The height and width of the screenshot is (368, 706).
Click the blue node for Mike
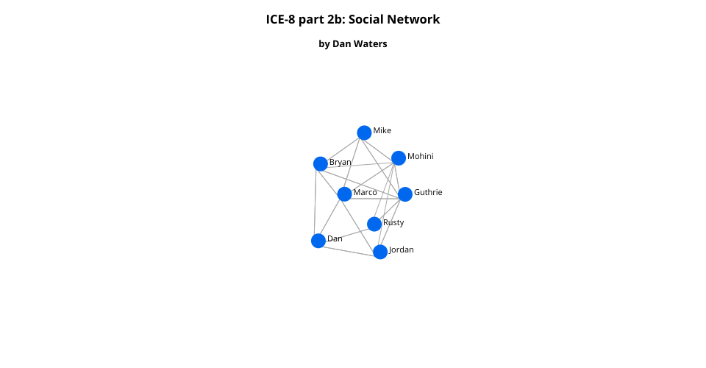point(364,133)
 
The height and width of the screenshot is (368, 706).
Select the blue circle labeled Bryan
point(321,164)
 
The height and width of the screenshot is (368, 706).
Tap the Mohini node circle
point(399,158)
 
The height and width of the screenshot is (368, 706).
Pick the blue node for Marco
point(344,194)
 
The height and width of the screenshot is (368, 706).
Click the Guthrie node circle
point(405,194)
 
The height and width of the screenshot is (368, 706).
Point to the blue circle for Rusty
point(374,224)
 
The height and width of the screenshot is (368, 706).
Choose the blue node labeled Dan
point(318,241)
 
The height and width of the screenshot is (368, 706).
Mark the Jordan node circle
point(380,252)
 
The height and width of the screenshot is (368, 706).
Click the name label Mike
point(382,130)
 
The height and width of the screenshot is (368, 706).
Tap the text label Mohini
point(421,156)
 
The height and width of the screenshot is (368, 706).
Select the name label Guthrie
point(428,192)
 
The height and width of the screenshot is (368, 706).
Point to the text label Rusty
point(393,222)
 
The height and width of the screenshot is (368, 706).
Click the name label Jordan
point(402,250)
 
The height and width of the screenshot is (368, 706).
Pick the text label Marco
point(366,192)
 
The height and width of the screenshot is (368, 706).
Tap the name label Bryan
point(340,162)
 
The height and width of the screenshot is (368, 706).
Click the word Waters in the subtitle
point(370,43)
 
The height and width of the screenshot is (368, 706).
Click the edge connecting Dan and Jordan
point(349,247)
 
